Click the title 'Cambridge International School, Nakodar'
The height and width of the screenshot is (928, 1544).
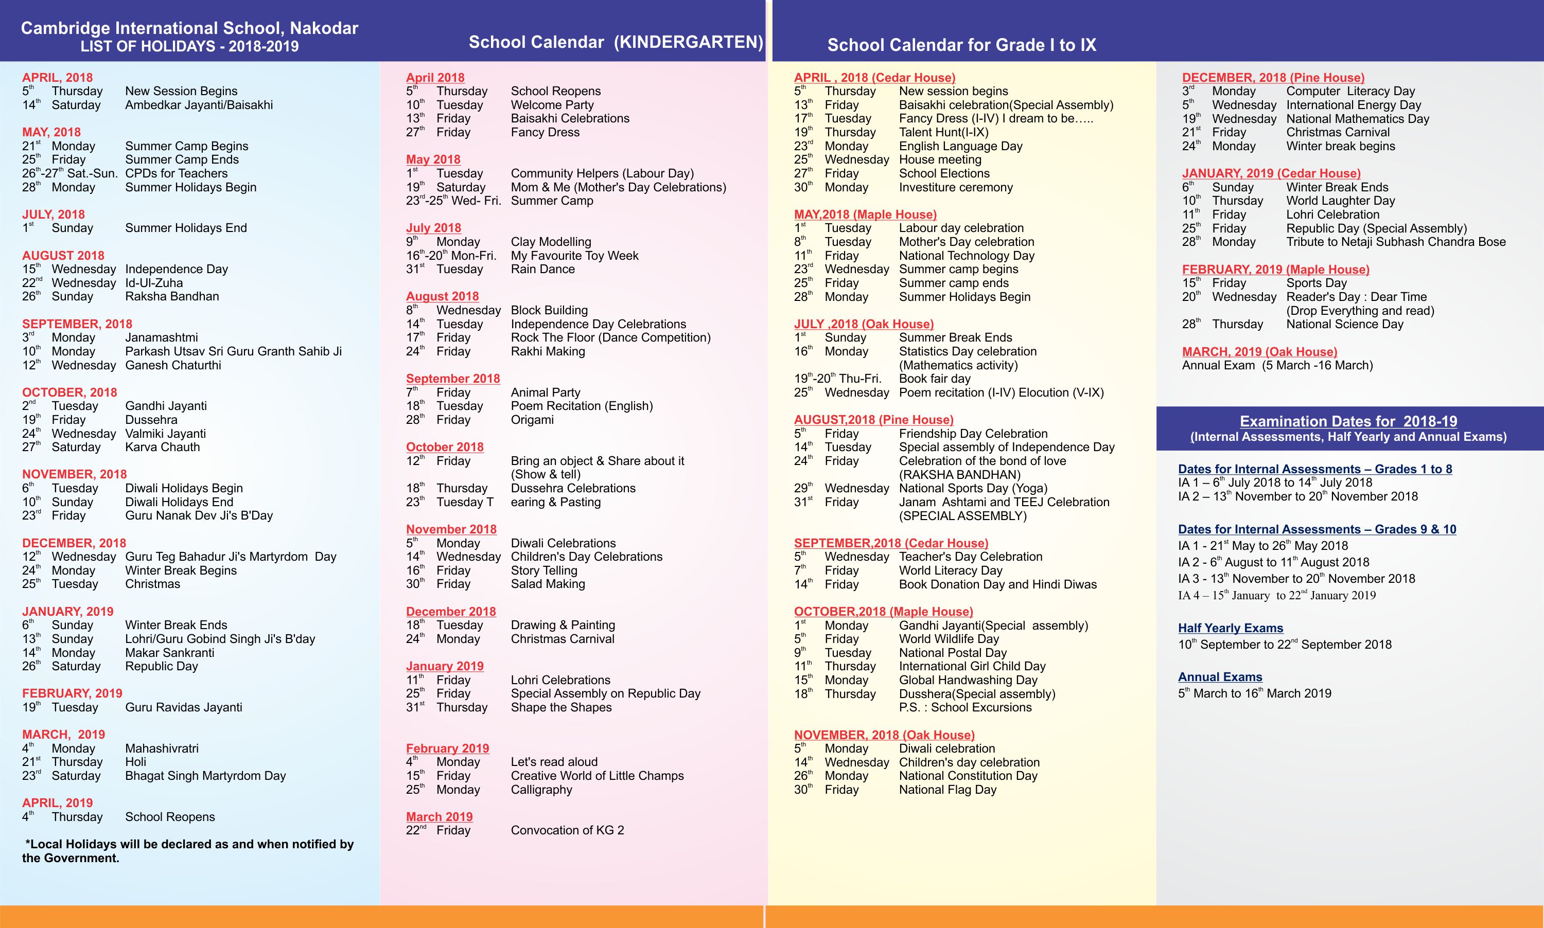pyautogui.click(x=189, y=28)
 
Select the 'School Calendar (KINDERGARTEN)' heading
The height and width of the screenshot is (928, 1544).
pyautogui.click(x=616, y=42)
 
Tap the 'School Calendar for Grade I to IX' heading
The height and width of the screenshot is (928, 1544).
pyautogui.click(x=961, y=45)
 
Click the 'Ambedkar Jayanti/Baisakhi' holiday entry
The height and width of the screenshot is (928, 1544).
pyautogui.click(x=199, y=105)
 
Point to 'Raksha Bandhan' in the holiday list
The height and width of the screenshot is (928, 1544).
pyautogui.click(x=172, y=296)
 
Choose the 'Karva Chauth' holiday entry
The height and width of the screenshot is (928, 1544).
pyautogui.click(x=163, y=447)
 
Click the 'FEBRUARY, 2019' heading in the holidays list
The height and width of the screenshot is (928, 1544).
pyautogui.click(x=72, y=693)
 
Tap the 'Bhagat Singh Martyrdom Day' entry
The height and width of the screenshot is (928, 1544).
pyautogui.click(x=205, y=776)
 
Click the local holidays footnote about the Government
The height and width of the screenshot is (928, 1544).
pyautogui.click(x=188, y=851)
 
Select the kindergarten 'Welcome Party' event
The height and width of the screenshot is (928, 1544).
pyautogui.click(x=552, y=105)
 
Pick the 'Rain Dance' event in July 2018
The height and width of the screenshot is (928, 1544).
pyautogui.click(x=542, y=270)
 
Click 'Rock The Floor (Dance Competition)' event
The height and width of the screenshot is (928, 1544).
pyautogui.click(x=610, y=337)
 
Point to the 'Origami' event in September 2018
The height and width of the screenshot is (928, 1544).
pyautogui.click(x=532, y=420)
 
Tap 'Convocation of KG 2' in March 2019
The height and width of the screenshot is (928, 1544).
pyautogui.click(x=567, y=830)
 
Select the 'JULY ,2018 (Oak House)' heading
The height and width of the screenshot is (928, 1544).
pyautogui.click(x=863, y=324)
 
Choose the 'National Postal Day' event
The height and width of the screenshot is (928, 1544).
pyautogui.click(x=952, y=653)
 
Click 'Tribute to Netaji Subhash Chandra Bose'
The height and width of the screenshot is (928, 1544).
pyautogui.click(x=1396, y=242)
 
